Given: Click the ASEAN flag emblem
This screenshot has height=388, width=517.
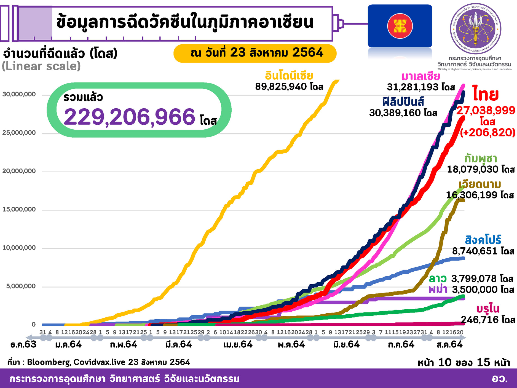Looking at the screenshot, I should coord(400,26).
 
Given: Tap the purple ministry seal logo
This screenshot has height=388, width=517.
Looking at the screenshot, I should coord(476,29).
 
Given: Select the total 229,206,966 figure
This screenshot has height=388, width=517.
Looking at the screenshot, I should coord(129,117).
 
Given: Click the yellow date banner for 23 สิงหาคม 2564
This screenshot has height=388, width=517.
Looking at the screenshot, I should coord(255,53).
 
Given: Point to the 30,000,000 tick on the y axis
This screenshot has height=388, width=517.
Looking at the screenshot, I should coord(19,94).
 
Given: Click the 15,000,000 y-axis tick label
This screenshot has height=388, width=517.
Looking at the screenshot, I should coord(19,209).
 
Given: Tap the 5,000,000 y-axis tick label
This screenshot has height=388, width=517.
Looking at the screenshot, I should coord(21,286).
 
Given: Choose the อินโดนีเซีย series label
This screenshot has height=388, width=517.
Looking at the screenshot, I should coord(289,76).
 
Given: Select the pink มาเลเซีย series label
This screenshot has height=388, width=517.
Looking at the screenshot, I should coord(420,76).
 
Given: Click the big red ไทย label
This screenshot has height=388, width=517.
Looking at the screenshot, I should coord(486,94).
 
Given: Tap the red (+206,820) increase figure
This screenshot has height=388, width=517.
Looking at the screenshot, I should coord(487,133).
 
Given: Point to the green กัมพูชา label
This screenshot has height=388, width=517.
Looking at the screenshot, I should coord(481,159).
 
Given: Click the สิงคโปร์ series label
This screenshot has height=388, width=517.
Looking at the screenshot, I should coord(483,240).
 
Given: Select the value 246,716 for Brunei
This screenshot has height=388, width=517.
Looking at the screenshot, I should coord(487,320).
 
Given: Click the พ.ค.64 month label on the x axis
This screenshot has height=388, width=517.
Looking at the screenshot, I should coord(291,344).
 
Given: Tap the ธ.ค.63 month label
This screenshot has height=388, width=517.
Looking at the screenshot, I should coord(23,344).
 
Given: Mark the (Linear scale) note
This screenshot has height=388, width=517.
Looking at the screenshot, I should coord(41,66).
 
